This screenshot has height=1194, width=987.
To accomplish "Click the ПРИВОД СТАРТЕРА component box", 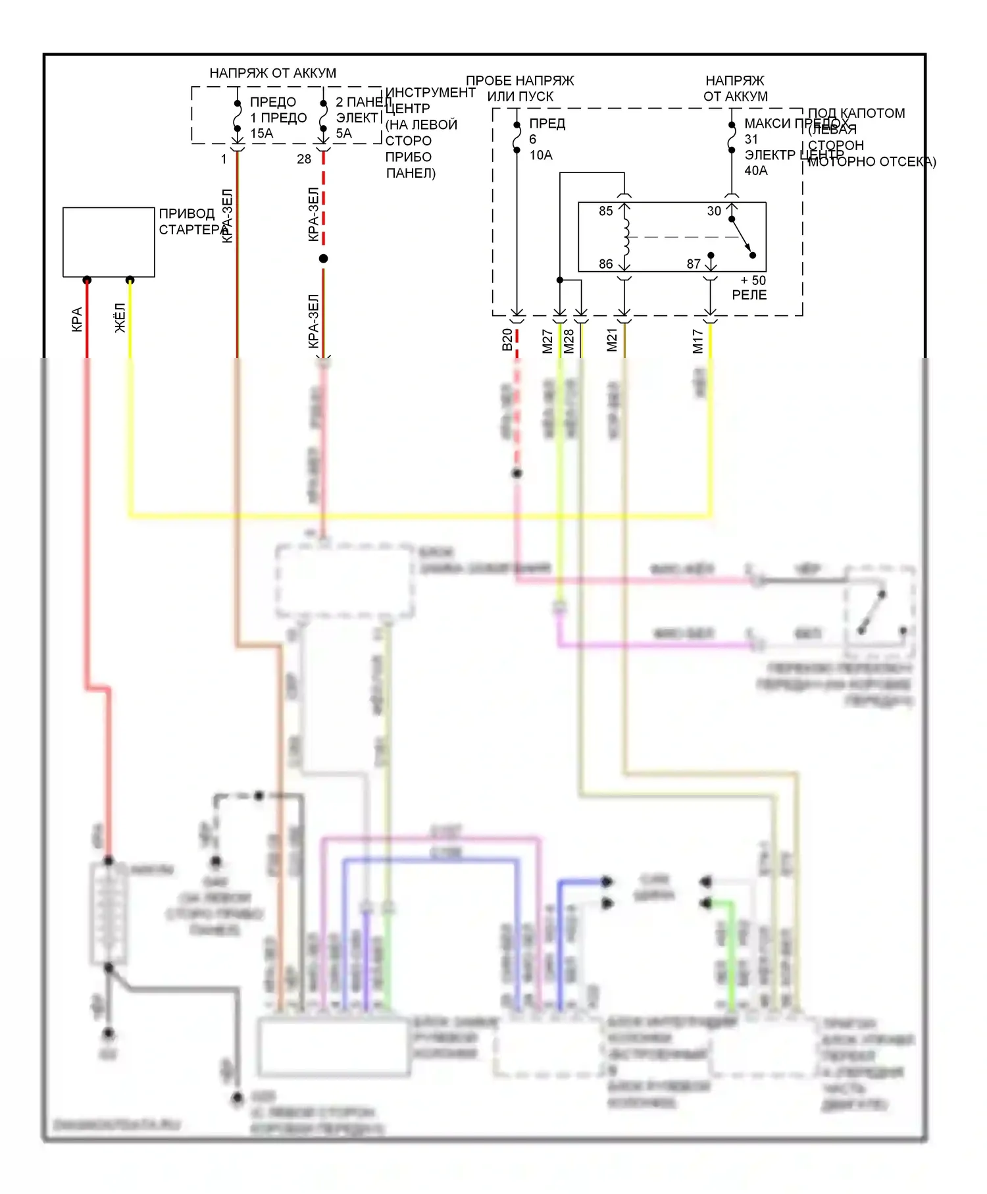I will click(109, 242).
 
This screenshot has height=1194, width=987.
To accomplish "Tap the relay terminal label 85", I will click(605, 211).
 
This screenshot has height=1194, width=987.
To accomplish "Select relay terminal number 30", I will click(714, 211).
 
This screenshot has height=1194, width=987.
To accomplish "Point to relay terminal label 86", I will click(605, 264).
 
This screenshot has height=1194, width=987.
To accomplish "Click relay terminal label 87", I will click(694, 264).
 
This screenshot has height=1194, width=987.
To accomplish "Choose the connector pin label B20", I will click(507, 340).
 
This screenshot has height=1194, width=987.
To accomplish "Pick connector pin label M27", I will click(547, 341).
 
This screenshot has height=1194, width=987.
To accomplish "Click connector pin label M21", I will click(613, 340).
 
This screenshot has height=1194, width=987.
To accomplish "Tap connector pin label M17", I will click(698, 341).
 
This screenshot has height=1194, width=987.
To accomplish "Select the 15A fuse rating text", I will click(261, 134).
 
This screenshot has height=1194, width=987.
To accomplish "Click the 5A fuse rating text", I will click(343, 134).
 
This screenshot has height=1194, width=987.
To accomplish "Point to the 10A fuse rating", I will click(541, 155).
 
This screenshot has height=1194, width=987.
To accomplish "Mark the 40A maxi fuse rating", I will click(756, 171).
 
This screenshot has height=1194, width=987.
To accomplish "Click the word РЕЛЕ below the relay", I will click(749, 295).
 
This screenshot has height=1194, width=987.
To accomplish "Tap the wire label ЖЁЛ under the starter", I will click(120, 318).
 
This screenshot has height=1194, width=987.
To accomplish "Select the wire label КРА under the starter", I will click(77, 319).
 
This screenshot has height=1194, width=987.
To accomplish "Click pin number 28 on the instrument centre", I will click(304, 159).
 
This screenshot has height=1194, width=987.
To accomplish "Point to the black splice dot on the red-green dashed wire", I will click(323, 259).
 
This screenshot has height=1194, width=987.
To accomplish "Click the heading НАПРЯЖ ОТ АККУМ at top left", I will click(272, 73).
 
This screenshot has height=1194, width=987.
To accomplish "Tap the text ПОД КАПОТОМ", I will click(856, 113).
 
